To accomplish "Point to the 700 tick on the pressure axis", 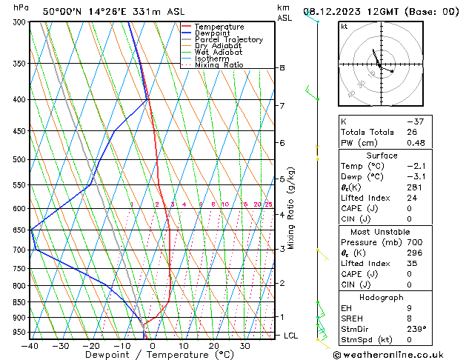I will tap(18, 250).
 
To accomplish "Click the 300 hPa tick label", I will tap(18, 22).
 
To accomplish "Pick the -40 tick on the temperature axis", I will tap(30, 346).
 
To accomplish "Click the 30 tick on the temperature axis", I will tap(244, 346).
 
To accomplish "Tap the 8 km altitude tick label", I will tap(282, 68).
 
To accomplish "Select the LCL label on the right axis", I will tap(291, 336).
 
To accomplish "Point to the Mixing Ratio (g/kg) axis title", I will tap(292, 208).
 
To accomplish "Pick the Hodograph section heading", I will tap(382, 297).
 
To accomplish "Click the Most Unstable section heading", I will tap(382, 231).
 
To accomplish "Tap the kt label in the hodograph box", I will tap(344, 27).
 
